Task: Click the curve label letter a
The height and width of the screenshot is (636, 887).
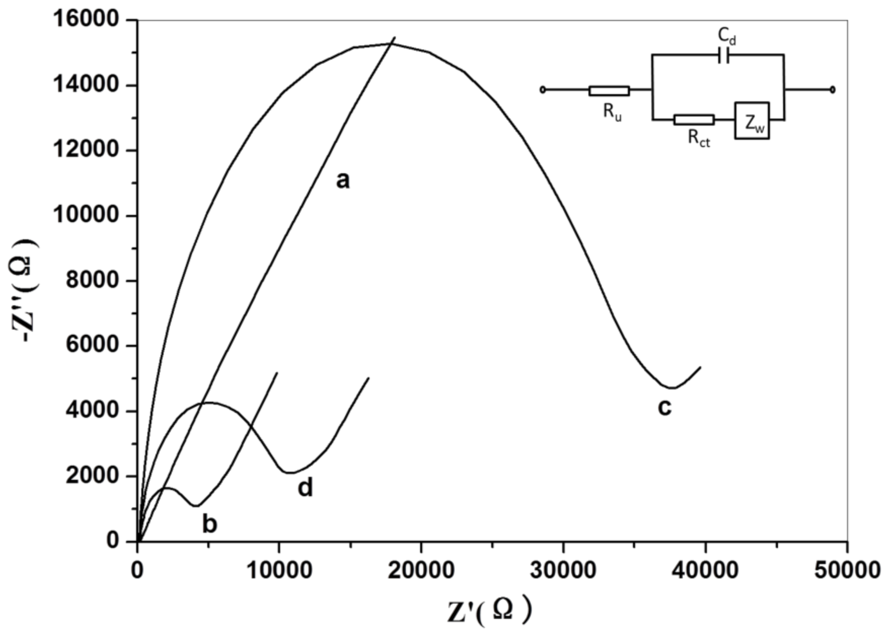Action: (343, 181)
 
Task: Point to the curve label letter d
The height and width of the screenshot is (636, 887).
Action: (305, 488)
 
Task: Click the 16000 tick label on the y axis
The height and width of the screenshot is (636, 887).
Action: (86, 20)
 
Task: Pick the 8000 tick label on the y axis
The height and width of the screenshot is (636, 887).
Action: (91, 280)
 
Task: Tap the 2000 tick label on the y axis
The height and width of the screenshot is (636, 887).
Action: (91, 476)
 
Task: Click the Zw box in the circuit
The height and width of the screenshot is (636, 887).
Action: (752, 121)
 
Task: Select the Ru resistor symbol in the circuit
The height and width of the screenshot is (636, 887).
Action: (609, 91)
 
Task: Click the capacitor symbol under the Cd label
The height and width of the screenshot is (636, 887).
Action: (723, 55)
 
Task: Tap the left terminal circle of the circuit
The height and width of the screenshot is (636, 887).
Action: (543, 90)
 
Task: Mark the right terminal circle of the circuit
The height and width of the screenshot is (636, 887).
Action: (833, 90)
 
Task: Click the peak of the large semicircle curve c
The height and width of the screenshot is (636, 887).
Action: (391, 44)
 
